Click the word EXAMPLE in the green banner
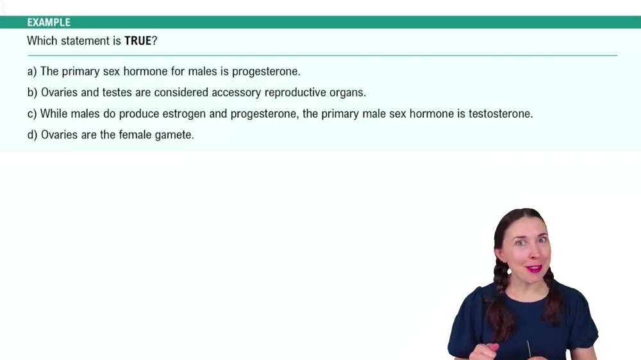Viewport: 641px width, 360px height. (x=49, y=22)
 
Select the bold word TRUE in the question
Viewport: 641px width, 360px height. (x=138, y=41)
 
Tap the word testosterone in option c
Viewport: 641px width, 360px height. (x=501, y=114)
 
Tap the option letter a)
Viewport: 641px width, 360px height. (x=32, y=71)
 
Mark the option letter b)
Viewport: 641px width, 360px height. (x=32, y=92)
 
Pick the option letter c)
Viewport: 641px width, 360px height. (x=32, y=114)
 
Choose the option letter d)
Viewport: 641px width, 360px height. (x=32, y=135)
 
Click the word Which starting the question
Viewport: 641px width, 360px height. (x=42, y=41)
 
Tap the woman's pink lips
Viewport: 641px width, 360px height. (x=534, y=268)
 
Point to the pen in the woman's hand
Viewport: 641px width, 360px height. (x=529, y=350)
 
